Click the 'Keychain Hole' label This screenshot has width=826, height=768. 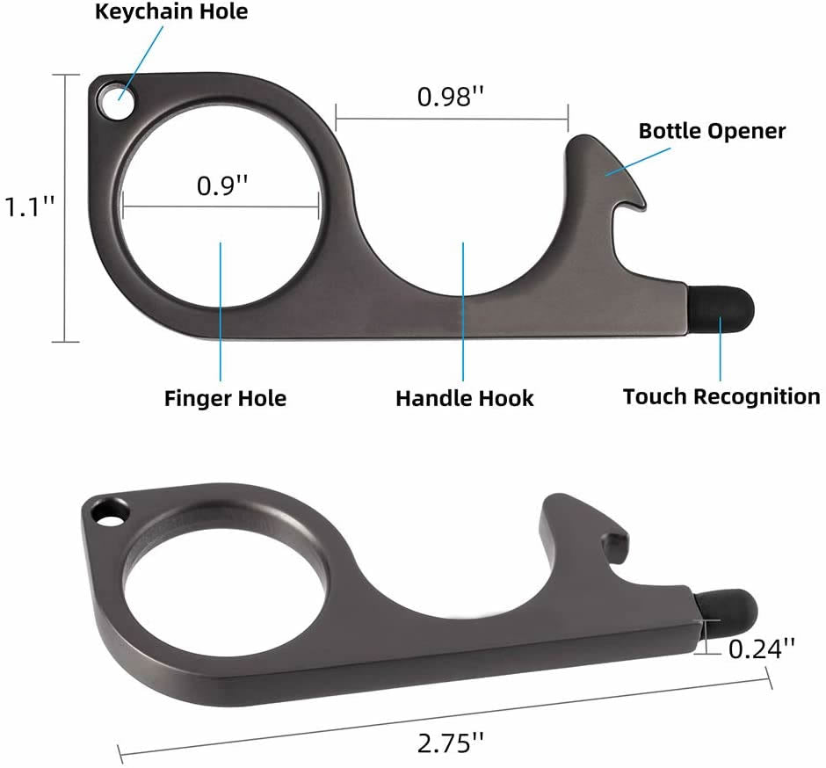pos(171,12)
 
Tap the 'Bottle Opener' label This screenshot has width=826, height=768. pos(712,131)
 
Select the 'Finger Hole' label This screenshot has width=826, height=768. pos(225,398)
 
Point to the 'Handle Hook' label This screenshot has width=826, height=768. pos(464,398)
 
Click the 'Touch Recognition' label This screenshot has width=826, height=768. pos(721,396)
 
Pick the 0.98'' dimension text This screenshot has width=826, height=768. pos(451,97)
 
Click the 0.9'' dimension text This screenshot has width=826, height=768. pos(221,186)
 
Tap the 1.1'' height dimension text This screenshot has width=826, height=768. pos(29,207)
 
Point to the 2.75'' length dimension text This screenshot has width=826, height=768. pos(451,740)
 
